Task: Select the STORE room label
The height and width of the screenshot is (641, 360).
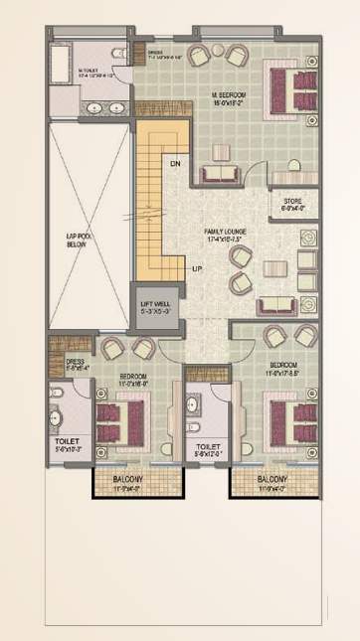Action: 292,202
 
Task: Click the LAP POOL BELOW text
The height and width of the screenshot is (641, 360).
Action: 79,240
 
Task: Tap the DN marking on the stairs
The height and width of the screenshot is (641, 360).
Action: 175,163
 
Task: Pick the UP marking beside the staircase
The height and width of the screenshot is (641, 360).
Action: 197,268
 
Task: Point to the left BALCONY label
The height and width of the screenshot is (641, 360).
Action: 127,479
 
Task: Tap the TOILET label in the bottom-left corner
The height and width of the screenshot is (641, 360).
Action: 67,438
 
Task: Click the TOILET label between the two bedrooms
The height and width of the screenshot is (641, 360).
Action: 208,447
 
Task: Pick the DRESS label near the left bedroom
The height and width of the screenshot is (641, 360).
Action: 75,362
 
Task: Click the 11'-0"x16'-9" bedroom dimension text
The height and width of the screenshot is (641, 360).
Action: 133,384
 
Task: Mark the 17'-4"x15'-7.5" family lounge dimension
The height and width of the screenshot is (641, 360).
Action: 227,239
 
